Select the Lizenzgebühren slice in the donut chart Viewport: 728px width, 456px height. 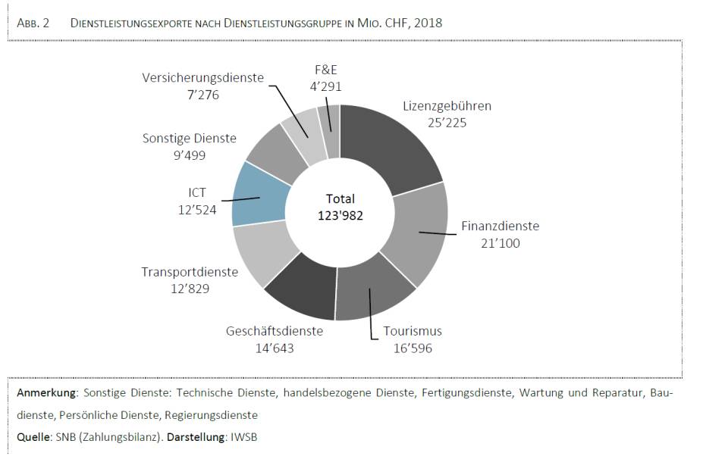(394, 144)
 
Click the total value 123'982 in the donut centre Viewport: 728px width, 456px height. (340, 216)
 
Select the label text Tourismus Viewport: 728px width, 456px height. (413, 332)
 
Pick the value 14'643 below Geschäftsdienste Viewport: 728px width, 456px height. (275, 348)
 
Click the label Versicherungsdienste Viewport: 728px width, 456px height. (202, 77)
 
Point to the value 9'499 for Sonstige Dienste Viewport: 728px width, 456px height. (189, 155)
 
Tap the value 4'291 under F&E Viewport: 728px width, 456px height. (325, 86)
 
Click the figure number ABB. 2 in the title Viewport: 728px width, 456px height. (33, 23)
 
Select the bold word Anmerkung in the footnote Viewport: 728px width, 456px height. (48, 394)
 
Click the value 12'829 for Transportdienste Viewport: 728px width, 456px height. (189, 289)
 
